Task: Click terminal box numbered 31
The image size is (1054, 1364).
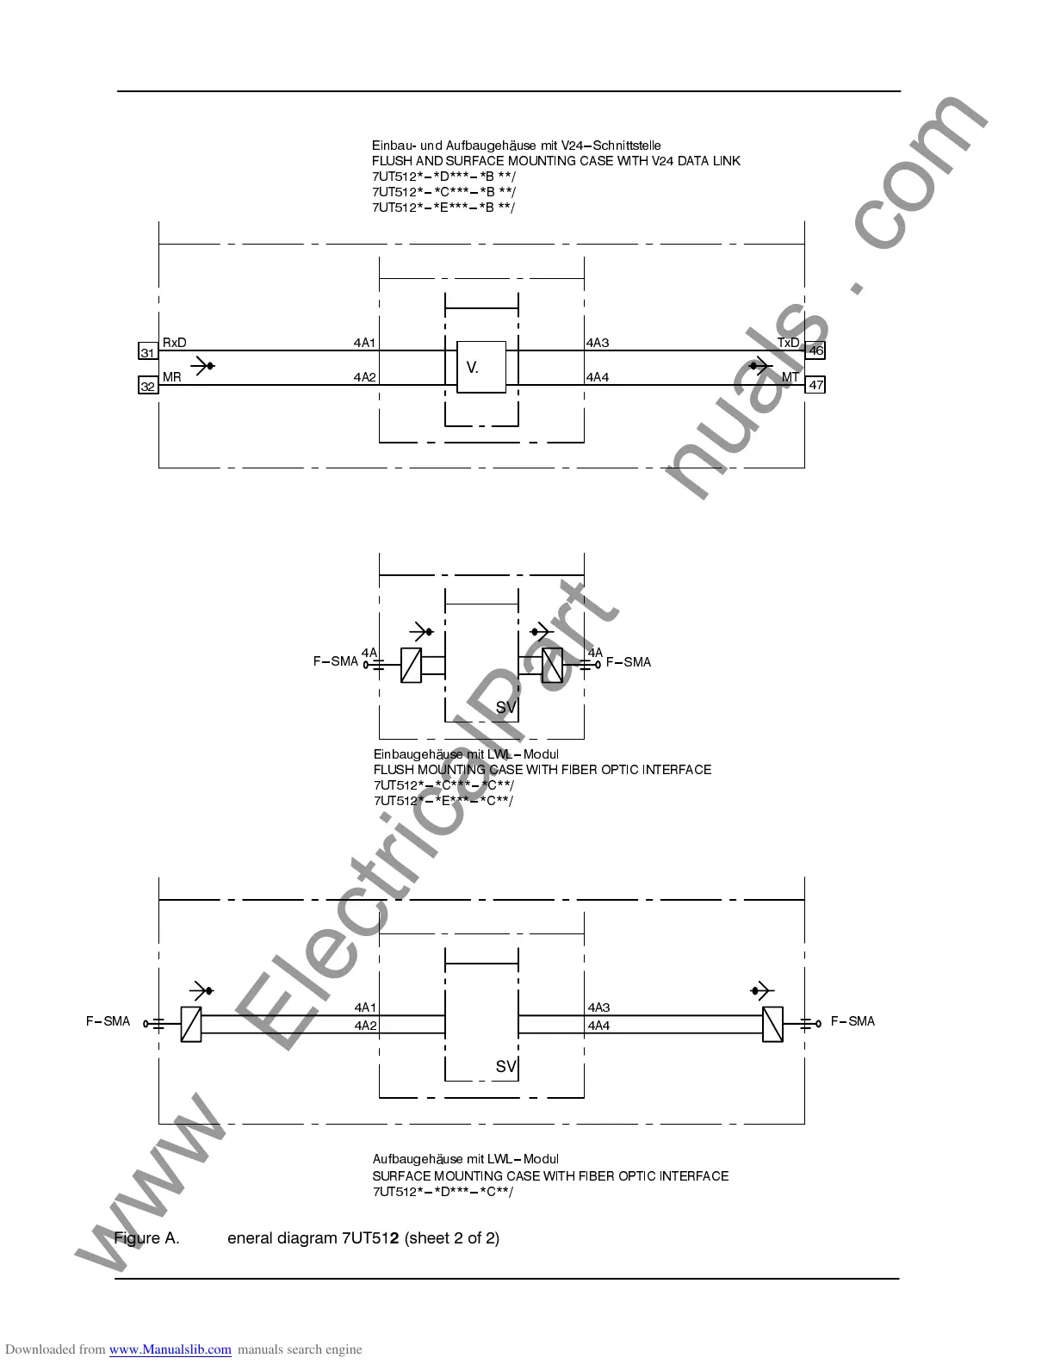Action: (x=147, y=352)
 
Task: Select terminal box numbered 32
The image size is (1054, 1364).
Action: (x=147, y=387)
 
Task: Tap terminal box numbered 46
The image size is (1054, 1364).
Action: (x=815, y=350)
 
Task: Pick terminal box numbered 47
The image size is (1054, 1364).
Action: (x=815, y=385)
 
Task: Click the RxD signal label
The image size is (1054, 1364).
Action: (x=174, y=343)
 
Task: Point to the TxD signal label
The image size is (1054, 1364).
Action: (x=788, y=343)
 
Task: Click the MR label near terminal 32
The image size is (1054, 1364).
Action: (x=172, y=377)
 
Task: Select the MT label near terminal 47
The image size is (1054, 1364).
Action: (x=790, y=377)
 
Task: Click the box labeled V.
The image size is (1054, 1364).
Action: (x=481, y=368)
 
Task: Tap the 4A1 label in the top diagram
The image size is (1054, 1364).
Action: (x=365, y=343)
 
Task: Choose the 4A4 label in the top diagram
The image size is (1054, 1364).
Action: (x=598, y=377)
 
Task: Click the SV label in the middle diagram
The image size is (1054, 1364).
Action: (x=505, y=707)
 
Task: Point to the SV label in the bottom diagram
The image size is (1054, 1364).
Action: (x=505, y=1067)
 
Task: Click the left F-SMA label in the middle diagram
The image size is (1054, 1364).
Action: (x=335, y=661)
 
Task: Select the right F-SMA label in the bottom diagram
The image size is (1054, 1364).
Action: (x=852, y=1021)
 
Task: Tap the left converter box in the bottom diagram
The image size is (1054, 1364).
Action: (x=191, y=1024)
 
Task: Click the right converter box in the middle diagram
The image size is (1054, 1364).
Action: (x=552, y=666)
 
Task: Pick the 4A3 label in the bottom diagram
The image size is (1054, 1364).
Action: (x=599, y=1008)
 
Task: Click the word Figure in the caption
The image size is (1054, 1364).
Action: (x=138, y=1238)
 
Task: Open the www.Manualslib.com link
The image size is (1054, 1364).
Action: (x=170, y=1349)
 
